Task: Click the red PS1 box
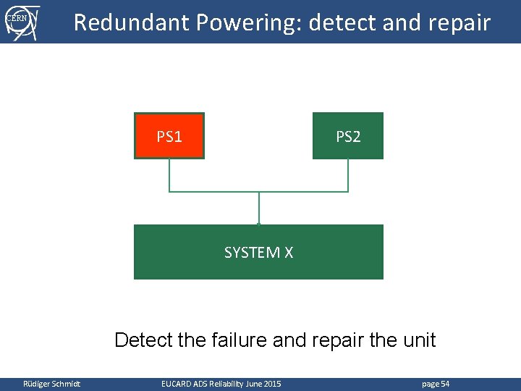169,135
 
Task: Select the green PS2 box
348,135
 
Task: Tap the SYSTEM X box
258,252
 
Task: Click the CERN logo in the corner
21,21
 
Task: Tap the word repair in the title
455,22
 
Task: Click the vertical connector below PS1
169,175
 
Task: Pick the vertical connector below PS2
348,175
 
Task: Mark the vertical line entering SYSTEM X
258,209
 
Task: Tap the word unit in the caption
420,340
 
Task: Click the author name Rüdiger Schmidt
51,383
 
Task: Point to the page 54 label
435,383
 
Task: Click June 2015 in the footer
263,383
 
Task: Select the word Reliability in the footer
226,383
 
